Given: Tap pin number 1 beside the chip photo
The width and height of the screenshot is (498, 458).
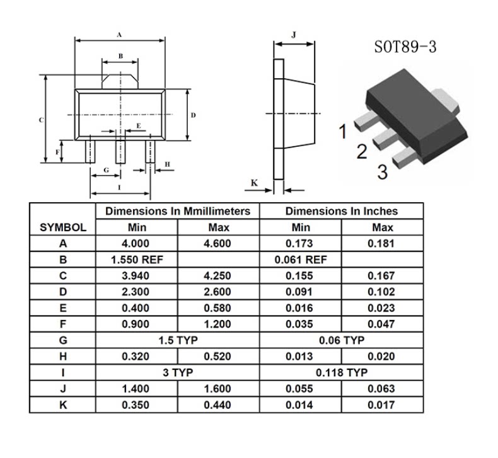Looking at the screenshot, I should coord(343,132).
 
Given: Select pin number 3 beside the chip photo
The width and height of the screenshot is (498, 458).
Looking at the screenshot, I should coord(383,171).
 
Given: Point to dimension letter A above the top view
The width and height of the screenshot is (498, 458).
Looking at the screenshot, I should coord(120,35).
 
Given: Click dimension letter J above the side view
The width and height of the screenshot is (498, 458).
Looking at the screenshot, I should coord(294,35).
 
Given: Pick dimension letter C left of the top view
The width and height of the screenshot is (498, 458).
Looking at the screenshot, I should coord(41,120).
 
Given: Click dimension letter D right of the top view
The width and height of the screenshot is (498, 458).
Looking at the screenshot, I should coord(194,115).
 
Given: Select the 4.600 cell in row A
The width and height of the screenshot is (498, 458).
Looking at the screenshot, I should coord(217,244).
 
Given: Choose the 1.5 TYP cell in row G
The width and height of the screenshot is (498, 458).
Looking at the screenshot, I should coord(177,340).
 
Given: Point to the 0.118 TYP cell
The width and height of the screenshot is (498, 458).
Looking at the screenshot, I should coord(341,373).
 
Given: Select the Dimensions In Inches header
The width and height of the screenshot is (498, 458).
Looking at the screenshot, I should coord(341,212).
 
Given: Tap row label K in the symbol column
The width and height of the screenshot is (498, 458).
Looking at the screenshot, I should coord(63,405).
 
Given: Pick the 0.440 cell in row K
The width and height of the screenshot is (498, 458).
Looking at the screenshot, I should coord(217,405).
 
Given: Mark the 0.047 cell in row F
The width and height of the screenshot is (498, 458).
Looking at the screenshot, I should coord(382,324).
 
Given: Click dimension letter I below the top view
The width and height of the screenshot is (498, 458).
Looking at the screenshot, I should coord(120,188).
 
